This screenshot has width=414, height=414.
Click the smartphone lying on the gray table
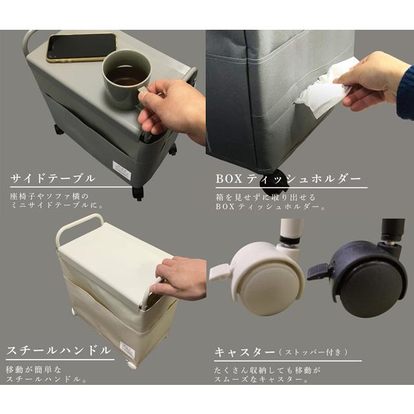pos(82,47)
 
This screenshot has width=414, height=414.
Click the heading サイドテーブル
pos(53,179)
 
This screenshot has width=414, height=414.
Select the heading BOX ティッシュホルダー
pos(289,179)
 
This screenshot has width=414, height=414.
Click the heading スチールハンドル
pos(58,351)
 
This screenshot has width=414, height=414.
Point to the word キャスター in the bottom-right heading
pos(245,352)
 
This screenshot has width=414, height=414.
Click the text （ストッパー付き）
pos(313,352)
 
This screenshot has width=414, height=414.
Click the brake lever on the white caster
pos(221,271)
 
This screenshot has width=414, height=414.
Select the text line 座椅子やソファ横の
pos(49,197)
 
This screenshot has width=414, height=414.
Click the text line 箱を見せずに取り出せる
pos(266,197)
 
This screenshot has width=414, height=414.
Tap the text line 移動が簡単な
pos(33,369)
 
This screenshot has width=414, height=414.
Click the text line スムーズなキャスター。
pos(261,380)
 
